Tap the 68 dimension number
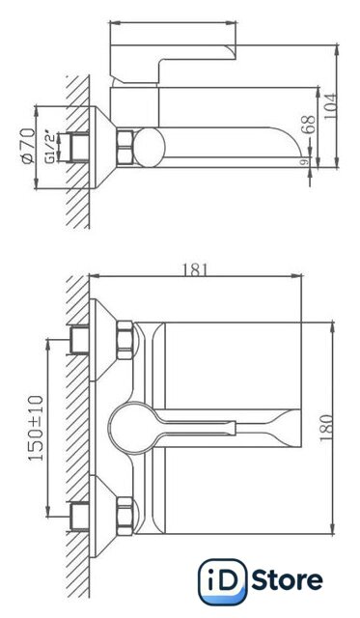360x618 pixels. point(310,125)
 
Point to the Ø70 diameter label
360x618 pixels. point(28,146)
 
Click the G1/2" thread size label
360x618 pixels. point(50,147)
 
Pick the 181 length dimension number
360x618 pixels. point(194,270)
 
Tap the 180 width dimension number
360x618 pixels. point(326,428)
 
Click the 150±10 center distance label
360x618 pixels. point(36,428)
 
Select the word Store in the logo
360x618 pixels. point(287,580)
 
